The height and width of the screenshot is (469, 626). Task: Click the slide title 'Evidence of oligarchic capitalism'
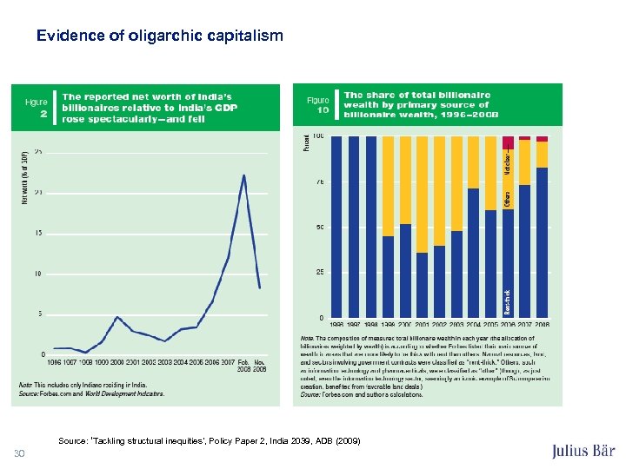[159, 36]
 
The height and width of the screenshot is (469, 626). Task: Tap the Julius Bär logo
[583, 452]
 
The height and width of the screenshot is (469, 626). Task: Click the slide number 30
[19, 452]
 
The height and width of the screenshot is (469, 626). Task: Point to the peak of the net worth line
[243, 175]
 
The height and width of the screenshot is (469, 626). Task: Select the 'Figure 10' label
[318, 105]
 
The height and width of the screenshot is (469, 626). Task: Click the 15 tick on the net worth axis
[37, 233]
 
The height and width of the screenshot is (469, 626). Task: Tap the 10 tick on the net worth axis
[37, 274]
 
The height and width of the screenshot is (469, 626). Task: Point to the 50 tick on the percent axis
[321, 228]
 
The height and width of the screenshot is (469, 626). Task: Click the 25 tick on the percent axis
[321, 273]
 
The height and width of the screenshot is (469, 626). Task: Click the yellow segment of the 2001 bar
[422, 194]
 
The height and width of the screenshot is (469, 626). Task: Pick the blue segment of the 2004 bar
[474, 252]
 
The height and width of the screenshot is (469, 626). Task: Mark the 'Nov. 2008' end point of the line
[259, 287]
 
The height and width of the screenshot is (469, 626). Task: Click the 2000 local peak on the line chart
[118, 317]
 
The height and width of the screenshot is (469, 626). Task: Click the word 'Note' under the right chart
[306, 336]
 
